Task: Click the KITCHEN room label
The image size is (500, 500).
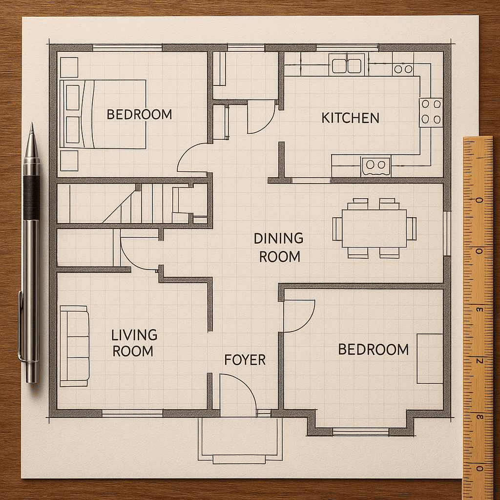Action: coord(350,118)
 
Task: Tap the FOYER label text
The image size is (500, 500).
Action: coord(245,360)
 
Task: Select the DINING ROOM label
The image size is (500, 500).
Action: coord(279,248)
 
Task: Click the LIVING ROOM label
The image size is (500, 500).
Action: coord(134,343)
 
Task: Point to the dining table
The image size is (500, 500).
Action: coord(374,229)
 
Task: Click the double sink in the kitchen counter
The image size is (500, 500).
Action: coord(347,65)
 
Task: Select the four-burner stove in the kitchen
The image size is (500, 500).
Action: coord(431,112)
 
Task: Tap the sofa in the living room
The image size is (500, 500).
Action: coord(75,346)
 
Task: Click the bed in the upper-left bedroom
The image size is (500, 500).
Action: coord(103,114)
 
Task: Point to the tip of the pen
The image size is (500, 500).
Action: coord(32,124)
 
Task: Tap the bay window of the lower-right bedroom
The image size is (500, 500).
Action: coord(361,432)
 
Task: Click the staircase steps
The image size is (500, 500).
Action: coord(137,203)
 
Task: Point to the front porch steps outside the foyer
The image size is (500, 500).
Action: coord(239,459)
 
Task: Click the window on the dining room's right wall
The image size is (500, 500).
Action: coord(447,233)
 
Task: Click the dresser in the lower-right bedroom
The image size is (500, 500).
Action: coord(430,359)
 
